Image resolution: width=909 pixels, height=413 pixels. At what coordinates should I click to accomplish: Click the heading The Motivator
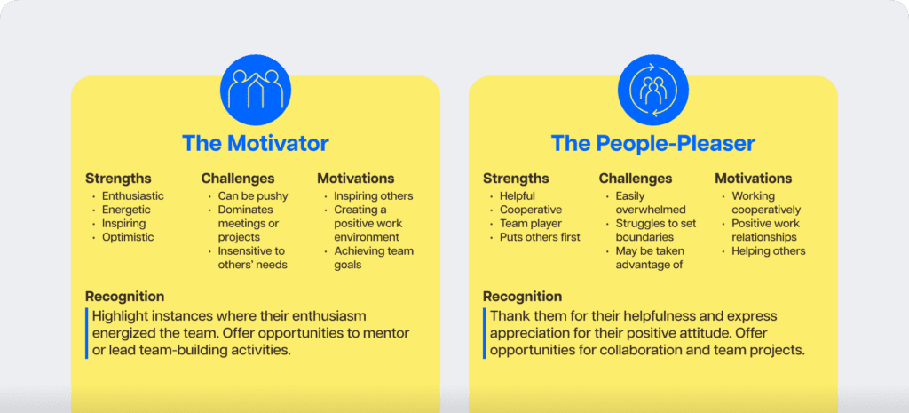click(x=255, y=143)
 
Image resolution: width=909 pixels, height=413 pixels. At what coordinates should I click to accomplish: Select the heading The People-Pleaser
click(x=652, y=143)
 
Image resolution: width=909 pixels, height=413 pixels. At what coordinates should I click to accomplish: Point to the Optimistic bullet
click(x=128, y=237)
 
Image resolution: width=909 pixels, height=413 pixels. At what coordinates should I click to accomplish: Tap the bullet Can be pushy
click(x=247, y=196)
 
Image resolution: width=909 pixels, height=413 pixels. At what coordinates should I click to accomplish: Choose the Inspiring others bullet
click(x=373, y=196)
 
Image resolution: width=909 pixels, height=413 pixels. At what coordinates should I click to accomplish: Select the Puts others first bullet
click(x=540, y=237)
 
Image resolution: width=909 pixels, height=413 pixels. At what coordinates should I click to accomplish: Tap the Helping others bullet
click(x=768, y=251)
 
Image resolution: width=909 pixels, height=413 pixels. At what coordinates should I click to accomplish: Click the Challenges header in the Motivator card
click(x=238, y=179)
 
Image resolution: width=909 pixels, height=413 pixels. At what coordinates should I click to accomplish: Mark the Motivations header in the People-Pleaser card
click(x=753, y=179)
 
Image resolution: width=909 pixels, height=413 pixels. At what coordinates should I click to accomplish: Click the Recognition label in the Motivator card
click(x=124, y=297)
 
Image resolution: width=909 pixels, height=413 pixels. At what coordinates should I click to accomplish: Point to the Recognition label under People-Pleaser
click(x=522, y=297)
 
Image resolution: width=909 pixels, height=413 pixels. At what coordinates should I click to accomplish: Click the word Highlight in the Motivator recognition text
click(x=119, y=316)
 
